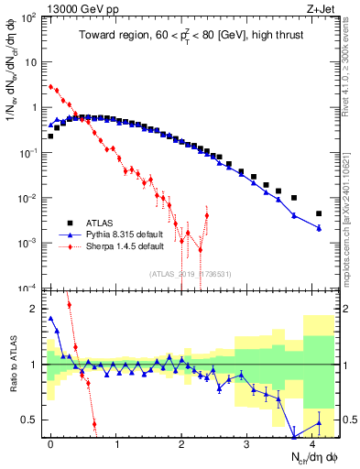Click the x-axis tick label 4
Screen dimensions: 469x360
coord(312,442)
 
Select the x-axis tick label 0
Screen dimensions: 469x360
coord(50,442)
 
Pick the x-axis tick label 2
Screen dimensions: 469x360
coord(181,442)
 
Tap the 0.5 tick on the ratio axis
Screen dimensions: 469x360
coord(31,420)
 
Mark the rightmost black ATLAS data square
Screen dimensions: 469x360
coord(319,213)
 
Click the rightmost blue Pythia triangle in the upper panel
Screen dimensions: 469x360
coord(319,228)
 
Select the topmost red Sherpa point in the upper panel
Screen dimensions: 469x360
coord(51,87)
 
